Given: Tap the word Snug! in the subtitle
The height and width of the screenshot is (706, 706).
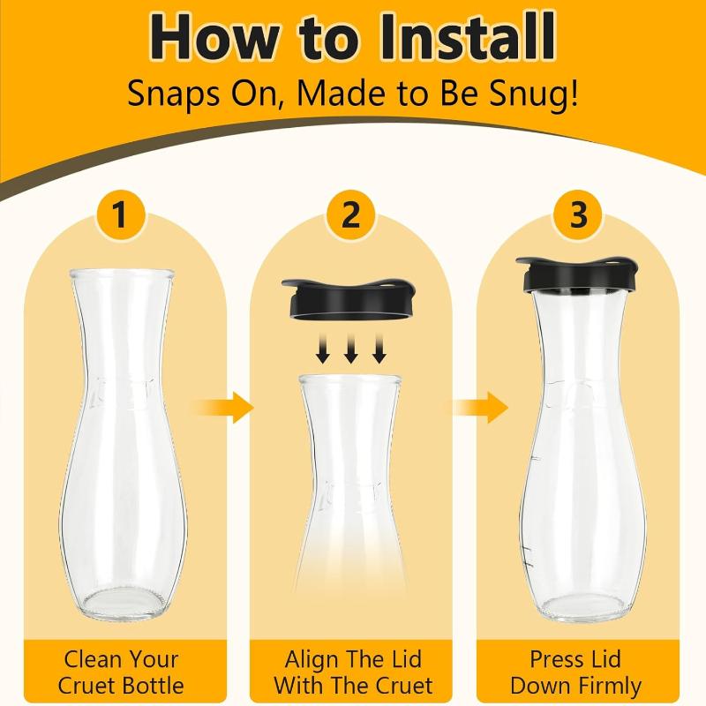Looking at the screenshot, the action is pos(534,94).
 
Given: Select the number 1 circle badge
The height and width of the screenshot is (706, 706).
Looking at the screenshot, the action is pos(120,214).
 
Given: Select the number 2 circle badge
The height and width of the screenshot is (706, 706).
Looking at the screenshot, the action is pos(350,214).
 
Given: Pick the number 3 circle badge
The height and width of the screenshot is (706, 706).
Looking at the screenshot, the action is pos(578,214).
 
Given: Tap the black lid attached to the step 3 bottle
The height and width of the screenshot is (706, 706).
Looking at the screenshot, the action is pos(578,275).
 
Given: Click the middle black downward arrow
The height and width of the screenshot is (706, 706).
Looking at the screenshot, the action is pos(350,348).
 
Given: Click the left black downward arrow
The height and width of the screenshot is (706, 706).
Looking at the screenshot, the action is pos(323,348).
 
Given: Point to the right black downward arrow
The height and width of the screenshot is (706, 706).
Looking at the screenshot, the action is pos(379,348).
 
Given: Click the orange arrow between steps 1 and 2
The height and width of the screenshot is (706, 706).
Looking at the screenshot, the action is pos(221,408).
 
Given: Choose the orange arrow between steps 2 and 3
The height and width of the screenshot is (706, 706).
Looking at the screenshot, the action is pos(478,408).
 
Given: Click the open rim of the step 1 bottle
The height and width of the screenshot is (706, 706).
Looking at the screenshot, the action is pos(122,273).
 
